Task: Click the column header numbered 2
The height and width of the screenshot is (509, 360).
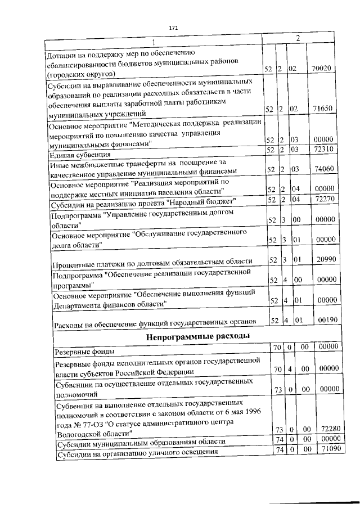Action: tap(300, 39)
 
